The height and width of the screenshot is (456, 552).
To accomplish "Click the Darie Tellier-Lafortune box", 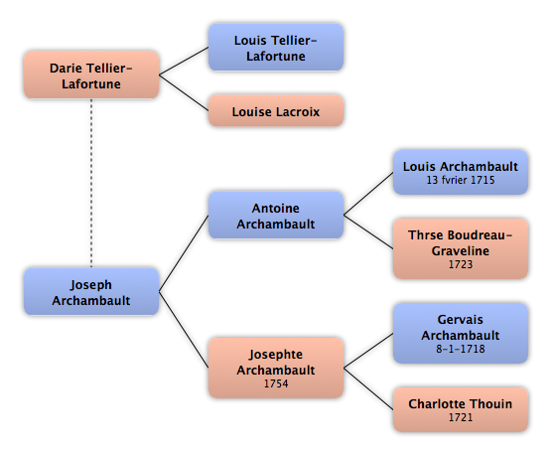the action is coord(91,75).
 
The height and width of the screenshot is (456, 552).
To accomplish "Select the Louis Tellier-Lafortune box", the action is coord(276,48).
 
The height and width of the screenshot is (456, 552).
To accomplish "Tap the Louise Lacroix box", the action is coord(276,110).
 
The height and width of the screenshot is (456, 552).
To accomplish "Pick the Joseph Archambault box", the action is coord(91,291).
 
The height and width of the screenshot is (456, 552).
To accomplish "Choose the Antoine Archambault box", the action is coord(276,215).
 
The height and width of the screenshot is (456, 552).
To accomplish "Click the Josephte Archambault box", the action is coord(276,368).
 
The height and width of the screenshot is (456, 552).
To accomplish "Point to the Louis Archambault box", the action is coord(460,172).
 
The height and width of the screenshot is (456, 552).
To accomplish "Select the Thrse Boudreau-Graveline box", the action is coord(460,248).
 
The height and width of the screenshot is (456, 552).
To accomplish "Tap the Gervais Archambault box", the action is coord(460,333).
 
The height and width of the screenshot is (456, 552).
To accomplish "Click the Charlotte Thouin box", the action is coord(460,410).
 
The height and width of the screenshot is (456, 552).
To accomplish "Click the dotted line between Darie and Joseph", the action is coord(91,183).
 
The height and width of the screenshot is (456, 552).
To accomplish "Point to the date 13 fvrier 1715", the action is coord(461,180).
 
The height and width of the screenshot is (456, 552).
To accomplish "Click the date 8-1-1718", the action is coord(461,349).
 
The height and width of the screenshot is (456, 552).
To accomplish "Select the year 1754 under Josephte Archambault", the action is coord(276,383).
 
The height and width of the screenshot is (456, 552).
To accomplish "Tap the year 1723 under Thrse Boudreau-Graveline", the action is coord(461,264).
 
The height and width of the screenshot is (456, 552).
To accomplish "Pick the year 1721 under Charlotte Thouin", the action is coord(461,417).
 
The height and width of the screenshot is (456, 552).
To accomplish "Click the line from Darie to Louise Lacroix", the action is coord(184,92).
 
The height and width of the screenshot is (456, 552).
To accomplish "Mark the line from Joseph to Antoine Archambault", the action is coord(184,253).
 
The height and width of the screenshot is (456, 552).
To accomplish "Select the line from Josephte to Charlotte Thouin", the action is coord(368,389).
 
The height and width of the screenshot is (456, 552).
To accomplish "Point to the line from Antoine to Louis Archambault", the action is coord(368,194).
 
